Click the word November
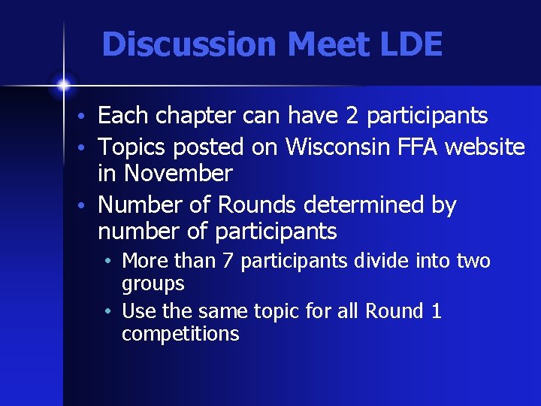(179, 174)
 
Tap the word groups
(153, 284)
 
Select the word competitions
(180, 334)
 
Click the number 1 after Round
(437, 311)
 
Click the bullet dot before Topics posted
(89, 147)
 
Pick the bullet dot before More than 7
(110, 262)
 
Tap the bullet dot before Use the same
(110, 311)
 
